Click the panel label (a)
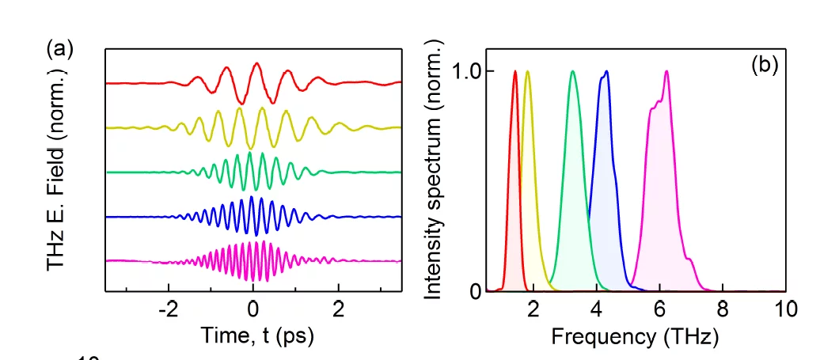click(x=60, y=49)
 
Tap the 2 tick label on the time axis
click(x=338, y=309)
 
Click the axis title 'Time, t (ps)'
click(x=257, y=335)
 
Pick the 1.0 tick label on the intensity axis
click(x=468, y=71)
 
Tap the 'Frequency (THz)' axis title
click(x=635, y=336)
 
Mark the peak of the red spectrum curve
click(x=515, y=71)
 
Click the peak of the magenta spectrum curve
click(x=666, y=71)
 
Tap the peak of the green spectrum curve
click(x=572, y=71)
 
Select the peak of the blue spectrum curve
click(x=606, y=71)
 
